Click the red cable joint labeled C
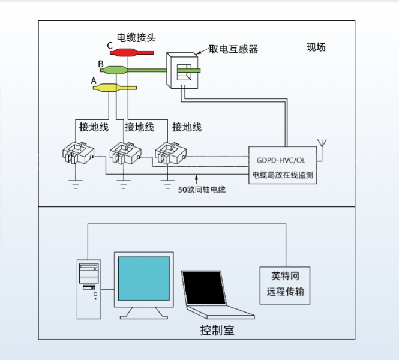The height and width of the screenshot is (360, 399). click(131, 53)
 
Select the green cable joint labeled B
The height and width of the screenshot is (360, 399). click(114, 70)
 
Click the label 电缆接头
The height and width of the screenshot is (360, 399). click(136, 38)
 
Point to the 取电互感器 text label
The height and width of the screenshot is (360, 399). click(233, 49)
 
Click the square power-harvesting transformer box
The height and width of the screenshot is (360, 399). click(182, 70)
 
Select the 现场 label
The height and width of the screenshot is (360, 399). click(316, 47)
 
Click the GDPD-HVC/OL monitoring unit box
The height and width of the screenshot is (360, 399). click(283, 165)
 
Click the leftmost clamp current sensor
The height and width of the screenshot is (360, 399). click(79, 153)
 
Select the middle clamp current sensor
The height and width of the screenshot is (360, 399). click(125, 153)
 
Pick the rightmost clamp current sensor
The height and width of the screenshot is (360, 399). click(171, 153)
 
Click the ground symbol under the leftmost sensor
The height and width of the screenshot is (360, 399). click(76, 184)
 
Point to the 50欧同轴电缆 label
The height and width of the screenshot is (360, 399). click(202, 190)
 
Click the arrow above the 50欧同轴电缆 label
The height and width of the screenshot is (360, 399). click(196, 179)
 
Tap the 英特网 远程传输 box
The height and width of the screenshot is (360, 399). click(285, 286)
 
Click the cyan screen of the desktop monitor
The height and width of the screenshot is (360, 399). click(144, 278)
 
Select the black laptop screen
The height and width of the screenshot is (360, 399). click(205, 288)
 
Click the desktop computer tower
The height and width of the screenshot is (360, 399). click(89, 289)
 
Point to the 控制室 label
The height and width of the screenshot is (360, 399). click(217, 330)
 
